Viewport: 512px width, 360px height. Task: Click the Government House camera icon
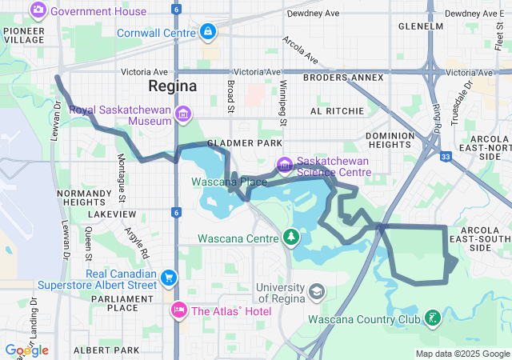point(38,11)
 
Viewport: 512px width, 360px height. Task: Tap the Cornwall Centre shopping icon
point(207,32)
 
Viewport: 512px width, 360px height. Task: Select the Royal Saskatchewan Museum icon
point(183,115)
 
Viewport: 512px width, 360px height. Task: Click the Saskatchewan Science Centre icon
point(284,166)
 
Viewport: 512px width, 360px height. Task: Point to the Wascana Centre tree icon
point(290,238)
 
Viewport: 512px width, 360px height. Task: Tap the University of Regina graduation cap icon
point(317,290)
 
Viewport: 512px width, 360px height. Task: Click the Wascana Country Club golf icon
point(433,318)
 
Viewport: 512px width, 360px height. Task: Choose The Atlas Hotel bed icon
point(178,310)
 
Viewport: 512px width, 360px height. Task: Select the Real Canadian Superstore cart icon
point(168,278)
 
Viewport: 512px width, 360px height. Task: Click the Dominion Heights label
point(390,141)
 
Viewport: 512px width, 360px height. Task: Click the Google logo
point(26,350)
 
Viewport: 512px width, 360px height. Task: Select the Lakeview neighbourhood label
point(113,214)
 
